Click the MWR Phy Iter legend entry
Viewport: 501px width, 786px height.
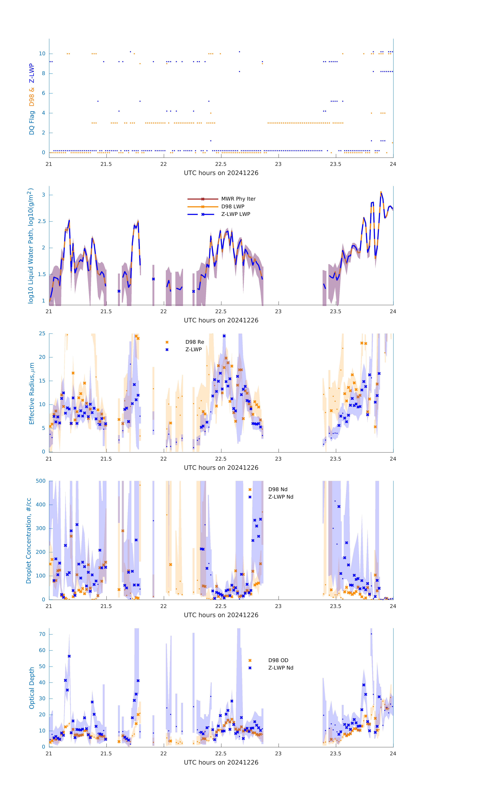tap(238, 199)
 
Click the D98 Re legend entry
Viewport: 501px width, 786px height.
tap(195, 342)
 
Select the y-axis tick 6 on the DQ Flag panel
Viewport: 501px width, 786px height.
tap(43, 93)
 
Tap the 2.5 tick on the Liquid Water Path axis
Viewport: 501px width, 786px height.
tap(42, 221)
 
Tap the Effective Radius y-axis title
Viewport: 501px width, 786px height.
tap(32, 393)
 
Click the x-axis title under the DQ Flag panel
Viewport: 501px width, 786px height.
tap(221, 173)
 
